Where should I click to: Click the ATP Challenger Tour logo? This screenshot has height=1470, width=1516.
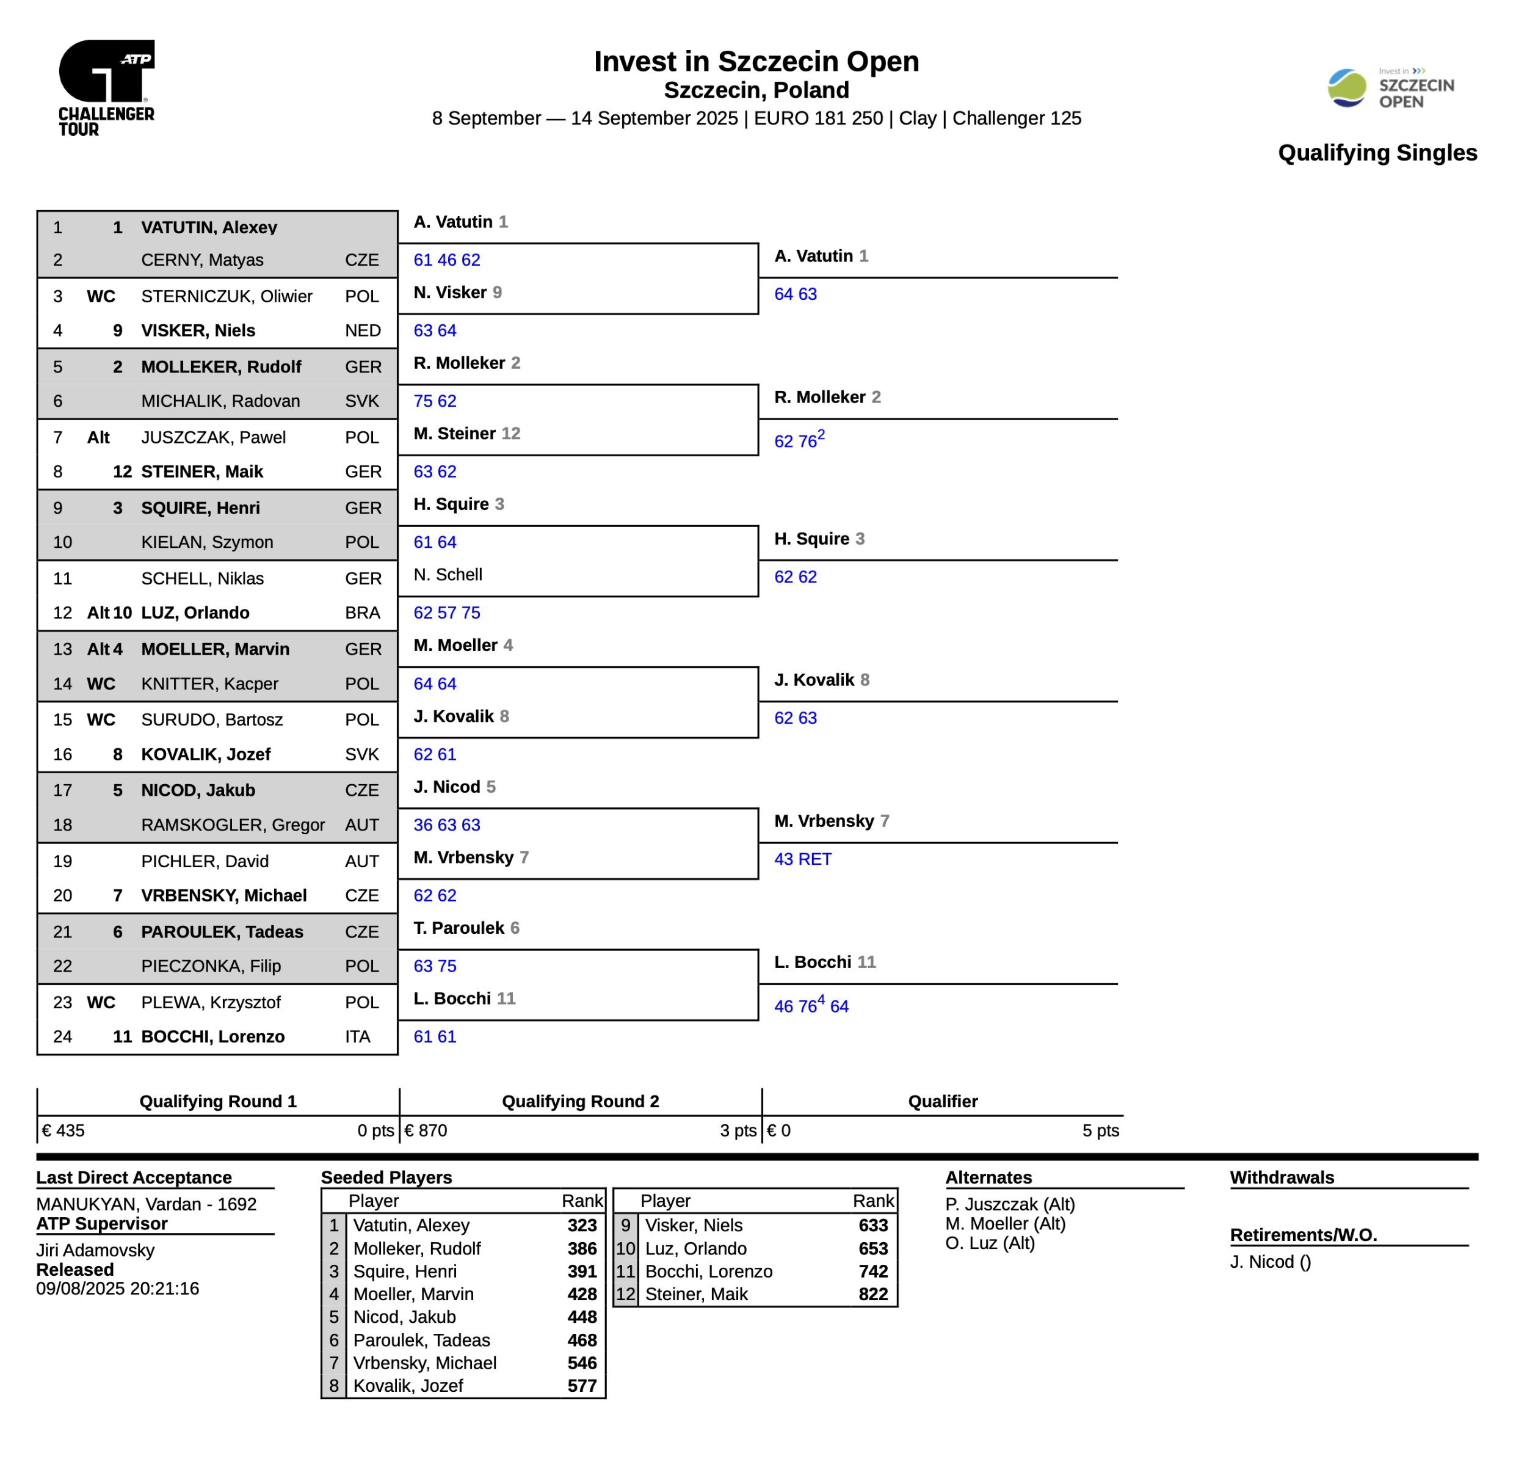[x=107, y=87]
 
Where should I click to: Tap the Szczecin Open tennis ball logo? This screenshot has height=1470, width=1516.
[x=1347, y=87]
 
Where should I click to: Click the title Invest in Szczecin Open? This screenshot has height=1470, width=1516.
[x=756, y=61]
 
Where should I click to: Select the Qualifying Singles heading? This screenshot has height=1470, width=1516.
[x=1377, y=153]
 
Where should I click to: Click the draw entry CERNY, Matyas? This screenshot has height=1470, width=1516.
[x=202, y=260]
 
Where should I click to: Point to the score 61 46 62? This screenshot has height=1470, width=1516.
[x=446, y=260]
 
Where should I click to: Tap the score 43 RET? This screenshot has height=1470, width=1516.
[x=802, y=859]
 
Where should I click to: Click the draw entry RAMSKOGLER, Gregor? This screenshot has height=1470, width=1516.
[x=232, y=824]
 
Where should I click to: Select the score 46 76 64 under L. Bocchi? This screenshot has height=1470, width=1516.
[x=811, y=1006]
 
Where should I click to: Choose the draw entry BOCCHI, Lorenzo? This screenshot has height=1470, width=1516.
[x=212, y=1037]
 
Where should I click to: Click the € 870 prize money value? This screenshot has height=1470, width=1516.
[x=426, y=1130]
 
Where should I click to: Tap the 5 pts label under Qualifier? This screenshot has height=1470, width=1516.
[x=1100, y=1130]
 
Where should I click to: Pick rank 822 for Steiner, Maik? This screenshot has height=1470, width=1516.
[x=872, y=1294]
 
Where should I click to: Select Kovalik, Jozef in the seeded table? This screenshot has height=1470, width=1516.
[x=408, y=1386]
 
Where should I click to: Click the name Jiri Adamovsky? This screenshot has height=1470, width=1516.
[x=95, y=1250]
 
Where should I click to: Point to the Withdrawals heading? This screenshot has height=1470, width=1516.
[x=1282, y=1177]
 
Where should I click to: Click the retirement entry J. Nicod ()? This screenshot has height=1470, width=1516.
[x=1270, y=1262]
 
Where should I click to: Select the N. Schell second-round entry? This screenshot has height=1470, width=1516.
[x=448, y=575]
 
